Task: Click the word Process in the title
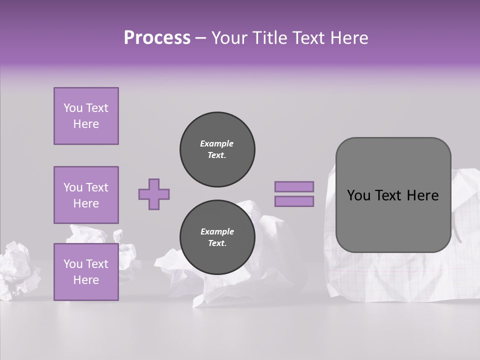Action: tap(157, 38)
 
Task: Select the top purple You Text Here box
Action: tap(86, 116)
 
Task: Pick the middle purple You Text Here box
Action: tap(86, 195)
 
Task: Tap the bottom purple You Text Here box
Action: tap(86, 272)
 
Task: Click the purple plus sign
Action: tap(154, 194)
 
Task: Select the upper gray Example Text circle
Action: tap(217, 149)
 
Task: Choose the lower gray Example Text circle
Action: tap(217, 237)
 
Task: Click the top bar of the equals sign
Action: tap(294, 186)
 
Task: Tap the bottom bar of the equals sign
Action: tap(294, 201)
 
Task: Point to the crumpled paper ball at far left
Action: tap(17, 270)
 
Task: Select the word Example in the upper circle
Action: tap(217, 144)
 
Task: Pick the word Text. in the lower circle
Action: tap(217, 243)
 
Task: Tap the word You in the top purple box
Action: tap(72, 108)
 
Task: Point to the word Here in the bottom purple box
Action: tap(86, 280)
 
